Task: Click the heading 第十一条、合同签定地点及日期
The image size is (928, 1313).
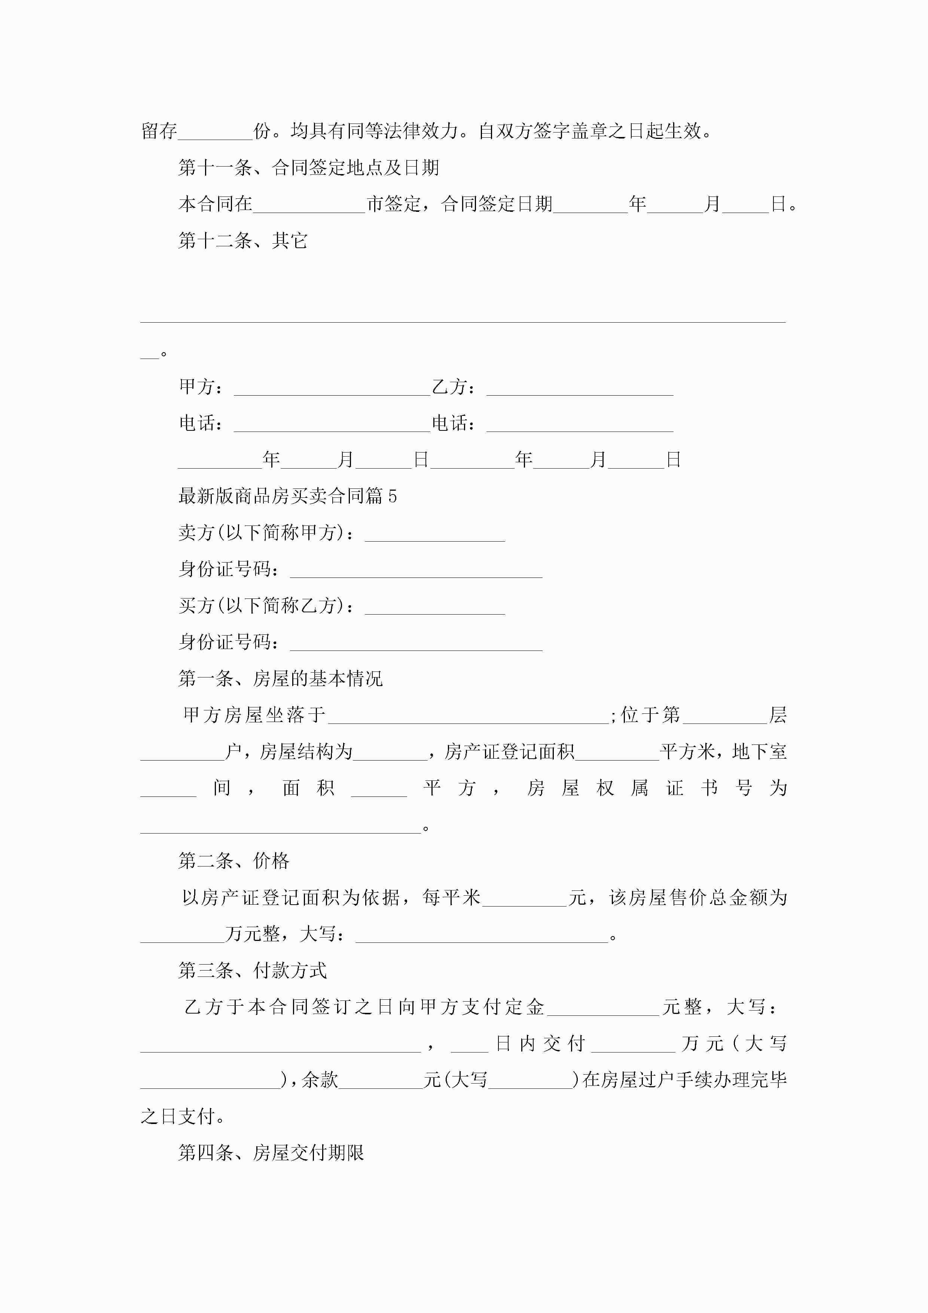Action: click(x=309, y=168)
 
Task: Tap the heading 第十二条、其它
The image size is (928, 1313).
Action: click(x=243, y=241)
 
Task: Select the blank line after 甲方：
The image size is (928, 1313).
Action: click(x=332, y=389)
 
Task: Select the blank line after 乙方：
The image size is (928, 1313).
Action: click(x=580, y=389)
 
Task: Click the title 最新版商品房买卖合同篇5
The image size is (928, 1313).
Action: click(x=288, y=496)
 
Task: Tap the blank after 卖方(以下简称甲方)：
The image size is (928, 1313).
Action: click(x=434, y=535)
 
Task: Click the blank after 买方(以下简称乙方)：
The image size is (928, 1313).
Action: click(x=434, y=608)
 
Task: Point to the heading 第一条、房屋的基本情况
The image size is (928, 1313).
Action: click(x=280, y=679)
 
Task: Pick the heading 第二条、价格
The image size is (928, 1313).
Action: click(x=234, y=860)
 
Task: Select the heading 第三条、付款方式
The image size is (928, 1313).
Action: click(x=252, y=971)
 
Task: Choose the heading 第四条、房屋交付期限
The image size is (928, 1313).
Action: click(x=271, y=1152)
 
